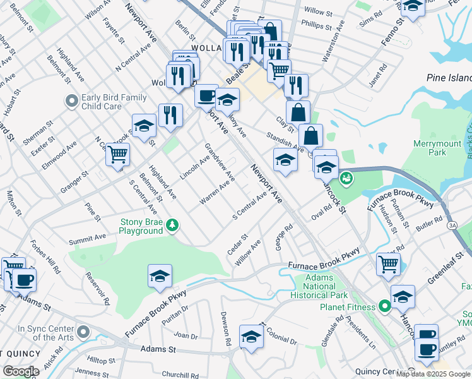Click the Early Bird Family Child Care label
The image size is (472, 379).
pyautogui.click(x=114, y=102)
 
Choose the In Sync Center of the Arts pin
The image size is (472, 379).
pyautogui.click(x=83, y=330)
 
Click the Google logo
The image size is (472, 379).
pyautogui.click(x=21, y=371)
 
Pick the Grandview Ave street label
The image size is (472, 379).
pyautogui.click(x=219, y=161)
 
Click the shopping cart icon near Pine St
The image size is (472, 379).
pyautogui.click(x=117, y=153)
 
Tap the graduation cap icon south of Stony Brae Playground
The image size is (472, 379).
pyautogui.click(x=160, y=276)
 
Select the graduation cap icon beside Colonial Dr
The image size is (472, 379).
pyautogui.click(x=251, y=336)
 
